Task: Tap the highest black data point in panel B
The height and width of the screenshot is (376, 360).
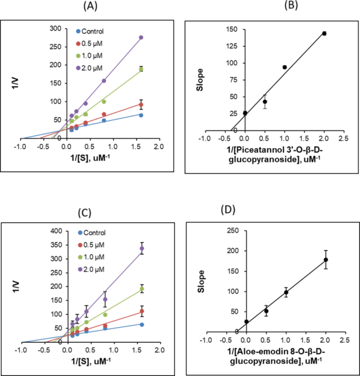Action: [x=324, y=34]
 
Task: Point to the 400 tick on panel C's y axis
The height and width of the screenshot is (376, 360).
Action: [x=55, y=231]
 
